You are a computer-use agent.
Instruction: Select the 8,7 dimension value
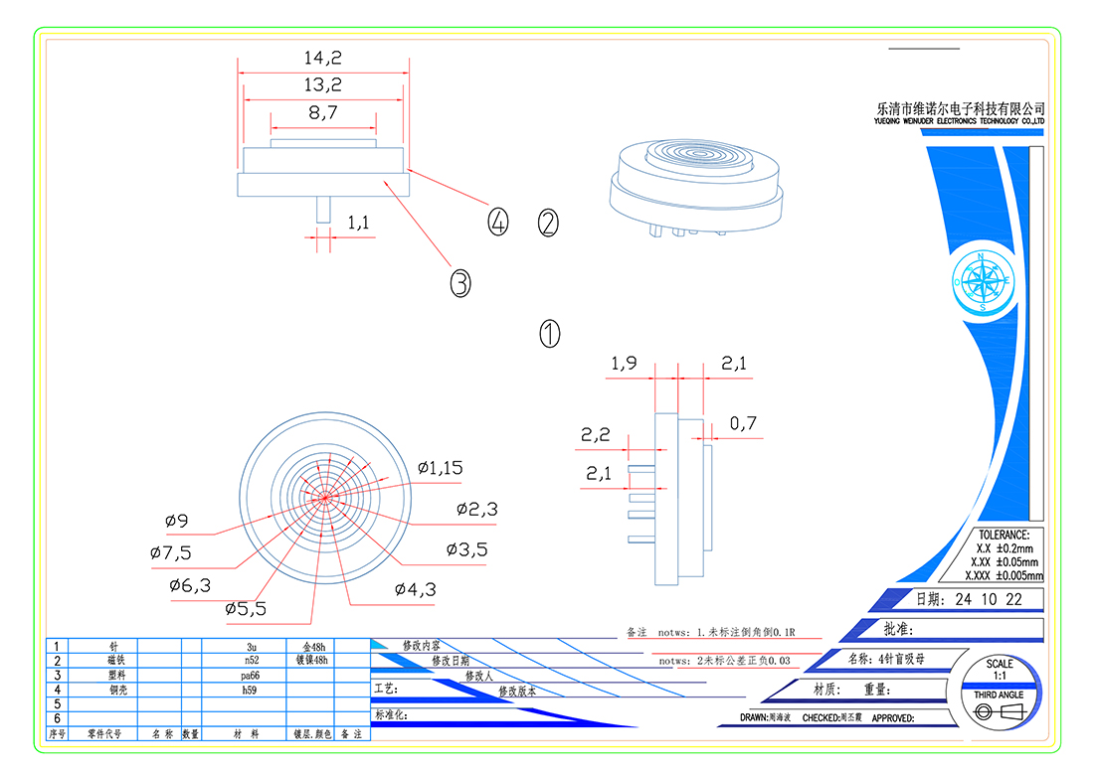coord(323,113)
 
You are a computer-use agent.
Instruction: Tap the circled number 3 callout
coord(459,284)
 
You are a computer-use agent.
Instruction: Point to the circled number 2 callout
coord(548,223)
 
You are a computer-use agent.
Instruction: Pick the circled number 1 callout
coord(550,333)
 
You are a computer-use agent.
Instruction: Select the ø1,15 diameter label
coord(440,467)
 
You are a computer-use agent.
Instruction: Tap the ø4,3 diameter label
coord(415,589)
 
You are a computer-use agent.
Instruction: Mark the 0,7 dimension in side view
coord(743,424)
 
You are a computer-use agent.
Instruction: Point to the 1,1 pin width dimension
coord(358,225)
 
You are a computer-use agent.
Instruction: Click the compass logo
coord(982,282)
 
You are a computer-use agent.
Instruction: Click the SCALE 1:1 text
coord(1000,669)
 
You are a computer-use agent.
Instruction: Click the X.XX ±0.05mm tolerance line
coord(1004,561)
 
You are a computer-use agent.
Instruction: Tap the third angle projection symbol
coord(1000,712)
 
